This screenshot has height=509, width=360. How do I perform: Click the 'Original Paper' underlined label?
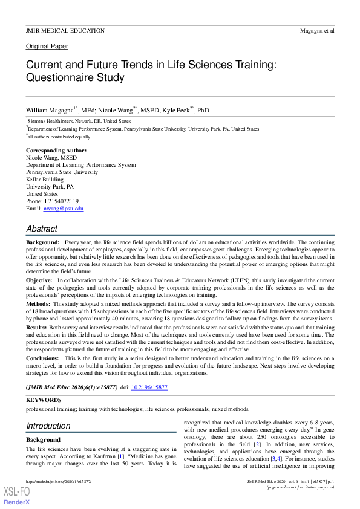pos(47,47)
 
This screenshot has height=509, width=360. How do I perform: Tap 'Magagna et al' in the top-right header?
pos(317,30)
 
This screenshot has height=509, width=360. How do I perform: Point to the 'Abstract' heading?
pos(42,229)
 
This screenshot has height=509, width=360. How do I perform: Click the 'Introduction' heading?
pos(48,426)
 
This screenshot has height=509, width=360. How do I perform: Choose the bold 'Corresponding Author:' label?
pos(56,150)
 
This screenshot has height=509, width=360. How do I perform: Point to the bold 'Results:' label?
pos(37,326)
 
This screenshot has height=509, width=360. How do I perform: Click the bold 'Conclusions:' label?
pos(43,358)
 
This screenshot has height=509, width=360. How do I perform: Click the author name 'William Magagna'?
pos(50,111)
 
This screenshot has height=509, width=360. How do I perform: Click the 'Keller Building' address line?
pos(45,180)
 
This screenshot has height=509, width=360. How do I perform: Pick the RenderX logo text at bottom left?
pos(17,502)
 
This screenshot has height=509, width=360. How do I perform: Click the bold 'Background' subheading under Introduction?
pos(44,440)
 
